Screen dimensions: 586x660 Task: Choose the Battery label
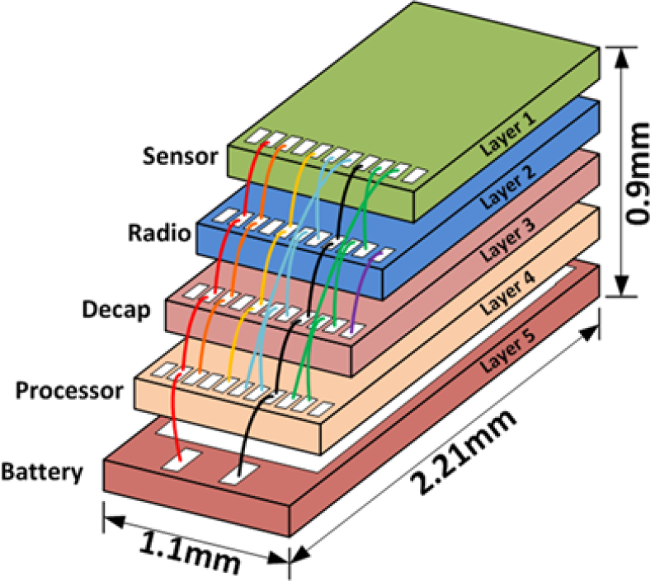pyautogui.click(x=42, y=473)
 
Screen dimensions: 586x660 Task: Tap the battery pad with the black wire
pyautogui.click(x=238, y=471)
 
